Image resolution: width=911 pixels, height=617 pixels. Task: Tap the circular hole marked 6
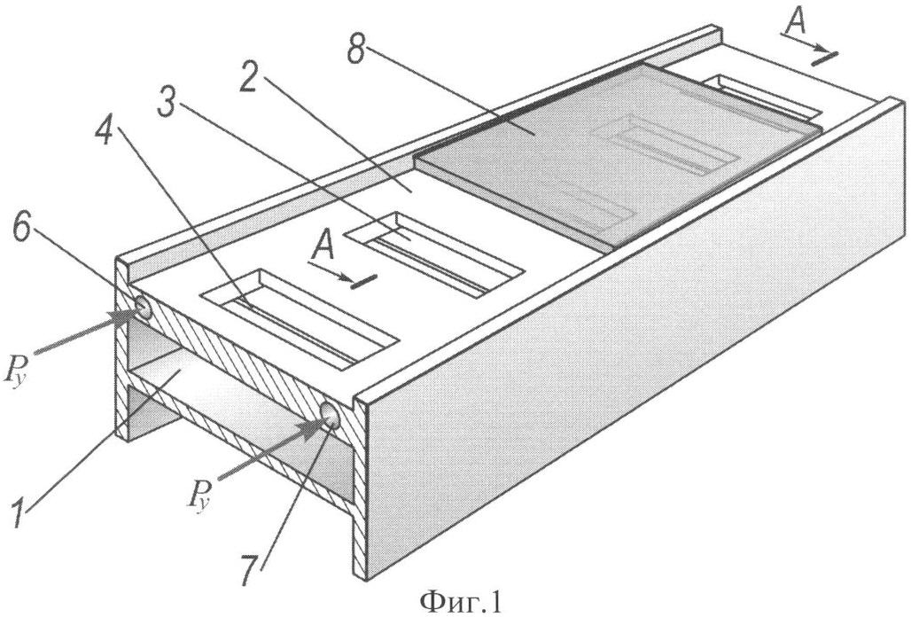(143, 307)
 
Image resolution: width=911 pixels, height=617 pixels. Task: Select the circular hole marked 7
(331, 415)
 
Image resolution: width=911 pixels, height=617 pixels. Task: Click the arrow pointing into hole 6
(86, 331)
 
